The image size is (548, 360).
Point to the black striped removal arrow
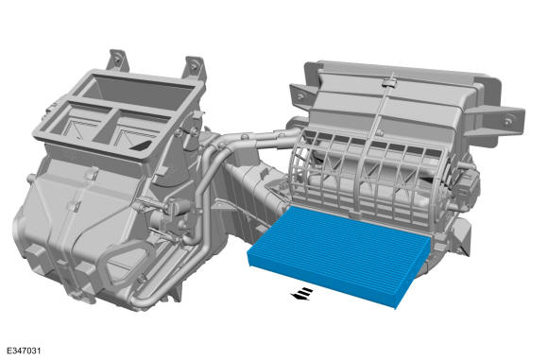click(301, 294)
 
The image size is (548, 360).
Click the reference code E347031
click(24, 351)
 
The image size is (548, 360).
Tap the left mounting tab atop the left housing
click(118, 60)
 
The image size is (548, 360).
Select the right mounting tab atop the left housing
click(194, 67)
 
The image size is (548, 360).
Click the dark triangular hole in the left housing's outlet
click(142, 146)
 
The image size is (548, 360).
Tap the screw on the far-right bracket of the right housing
click(507, 120)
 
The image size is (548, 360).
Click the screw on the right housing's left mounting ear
click(300, 96)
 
